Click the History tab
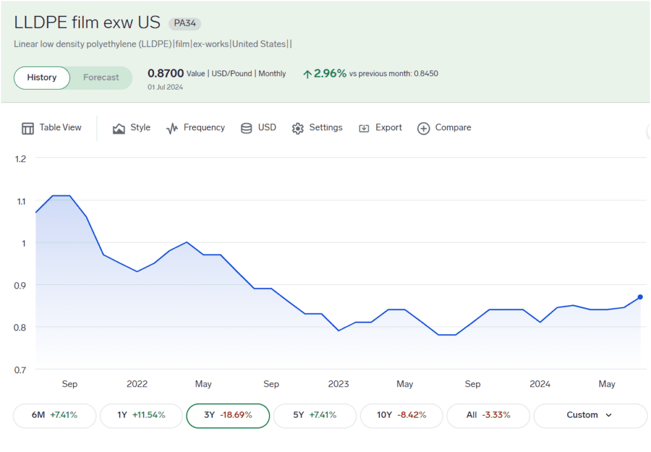42,78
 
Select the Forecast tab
101,78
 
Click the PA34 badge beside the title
185,24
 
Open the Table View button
52,128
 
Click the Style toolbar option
132,128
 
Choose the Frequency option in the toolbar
195,128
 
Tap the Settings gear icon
298,128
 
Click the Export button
380,128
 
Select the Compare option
444,128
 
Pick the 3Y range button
228,415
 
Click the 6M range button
55,415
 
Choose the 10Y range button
401,415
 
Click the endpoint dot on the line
640,297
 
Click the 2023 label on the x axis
338,384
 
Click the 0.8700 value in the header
165,74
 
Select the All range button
488,415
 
